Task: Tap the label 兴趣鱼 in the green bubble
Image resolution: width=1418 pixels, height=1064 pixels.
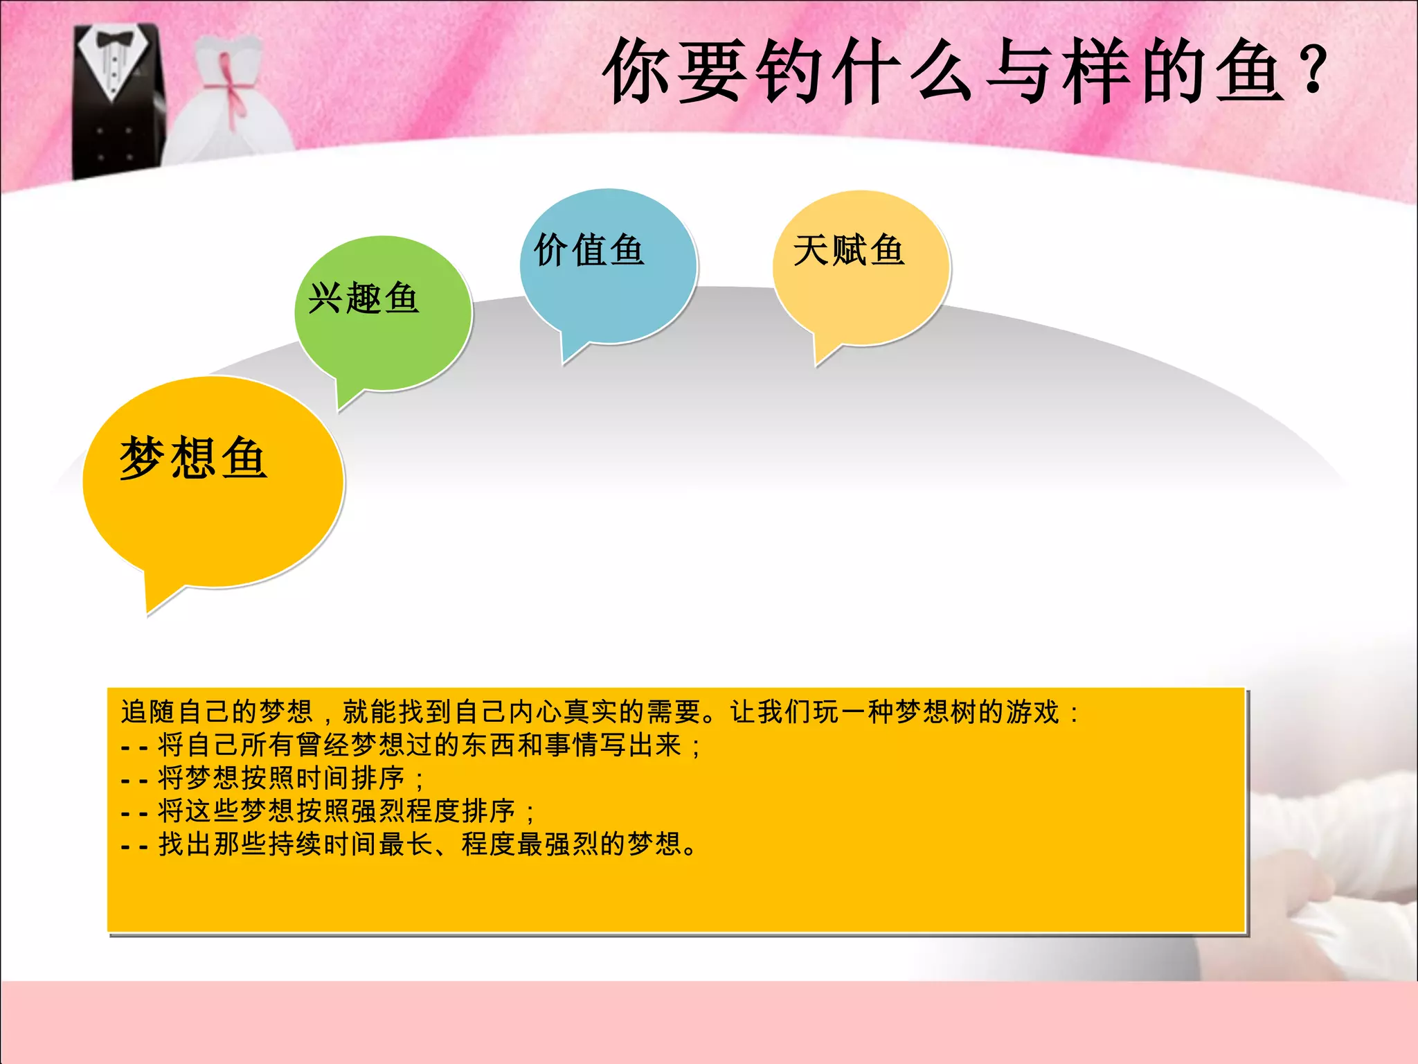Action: (364, 299)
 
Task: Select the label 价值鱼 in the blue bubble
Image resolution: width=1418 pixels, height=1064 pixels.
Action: (589, 249)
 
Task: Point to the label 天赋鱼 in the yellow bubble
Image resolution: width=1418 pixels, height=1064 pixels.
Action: (848, 250)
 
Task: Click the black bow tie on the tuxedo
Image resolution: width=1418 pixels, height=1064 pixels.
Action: (115, 39)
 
